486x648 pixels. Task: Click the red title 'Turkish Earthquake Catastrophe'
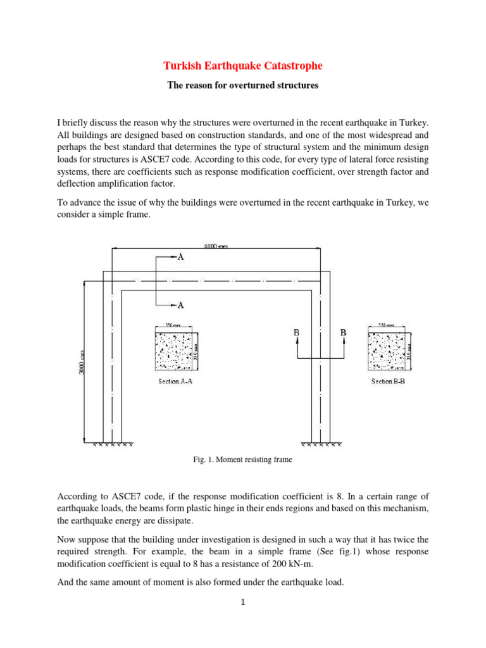point(242,66)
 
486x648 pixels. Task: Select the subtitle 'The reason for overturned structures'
point(242,85)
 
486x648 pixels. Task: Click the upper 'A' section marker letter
point(180,258)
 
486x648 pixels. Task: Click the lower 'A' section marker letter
point(180,305)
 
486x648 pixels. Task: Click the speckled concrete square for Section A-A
point(175,351)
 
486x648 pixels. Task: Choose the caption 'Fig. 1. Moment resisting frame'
point(242,460)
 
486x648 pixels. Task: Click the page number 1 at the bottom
point(242,602)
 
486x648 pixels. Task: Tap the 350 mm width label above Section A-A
point(171,325)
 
